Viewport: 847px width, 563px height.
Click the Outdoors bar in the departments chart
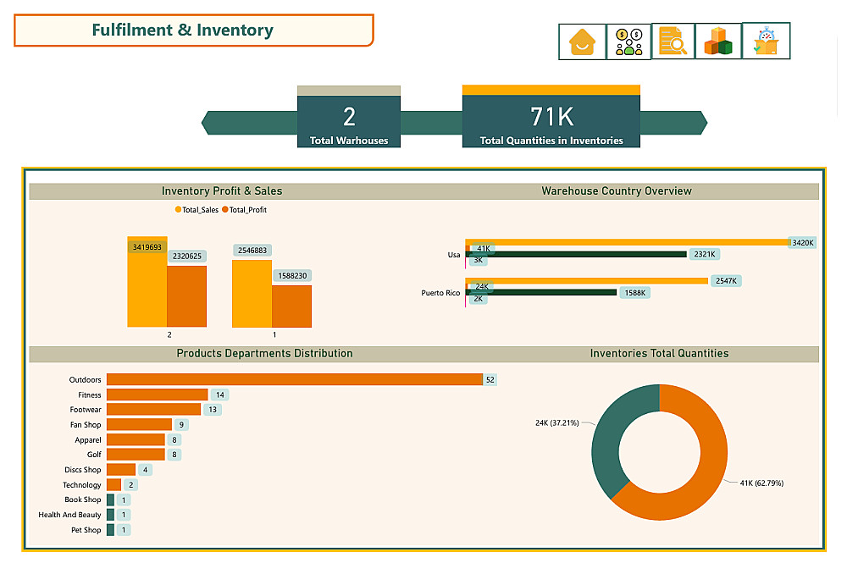[x=294, y=379]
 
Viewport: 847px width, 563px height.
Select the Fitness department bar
[x=157, y=395]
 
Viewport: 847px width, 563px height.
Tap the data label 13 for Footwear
[x=213, y=410]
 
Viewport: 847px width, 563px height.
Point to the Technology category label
[x=82, y=485]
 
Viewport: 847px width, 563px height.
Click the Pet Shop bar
[x=110, y=530]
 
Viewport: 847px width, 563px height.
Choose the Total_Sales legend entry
[x=197, y=209]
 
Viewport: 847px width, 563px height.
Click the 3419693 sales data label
[x=147, y=247]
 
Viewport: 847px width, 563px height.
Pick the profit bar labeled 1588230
[x=291, y=306]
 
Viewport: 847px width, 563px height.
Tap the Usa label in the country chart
[x=454, y=254]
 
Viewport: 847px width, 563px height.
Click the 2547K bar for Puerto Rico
[x=586, y=281]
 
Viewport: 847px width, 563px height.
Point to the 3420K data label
[x=801, y=243]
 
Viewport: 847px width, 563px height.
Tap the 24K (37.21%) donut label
[x=556, y=422]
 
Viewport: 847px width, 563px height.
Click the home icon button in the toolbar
[x=582, y=41]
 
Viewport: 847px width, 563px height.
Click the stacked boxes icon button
[x=718, y=41]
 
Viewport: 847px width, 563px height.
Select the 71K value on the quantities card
[x=551, y=116]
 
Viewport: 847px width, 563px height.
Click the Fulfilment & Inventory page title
[x=182, y=30]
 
